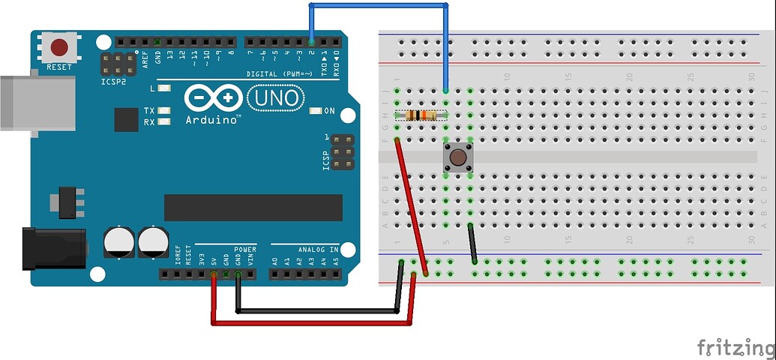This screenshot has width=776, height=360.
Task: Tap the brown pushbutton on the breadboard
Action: tap(457, 157)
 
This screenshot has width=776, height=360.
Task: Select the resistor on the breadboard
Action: tap(421, 115)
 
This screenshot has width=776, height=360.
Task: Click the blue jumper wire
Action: tap(379, 5)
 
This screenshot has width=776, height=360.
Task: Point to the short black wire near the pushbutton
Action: tap(472, 243)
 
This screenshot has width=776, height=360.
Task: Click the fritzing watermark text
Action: tap(736, 346)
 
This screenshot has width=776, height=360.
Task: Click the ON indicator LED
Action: tap(315, 111)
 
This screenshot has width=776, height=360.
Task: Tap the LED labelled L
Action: tap(164, 88)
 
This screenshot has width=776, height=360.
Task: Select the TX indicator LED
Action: tap(164, 111)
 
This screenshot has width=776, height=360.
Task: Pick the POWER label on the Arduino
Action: tap(245, 249)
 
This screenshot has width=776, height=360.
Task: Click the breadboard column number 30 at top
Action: tap(751, 77)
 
